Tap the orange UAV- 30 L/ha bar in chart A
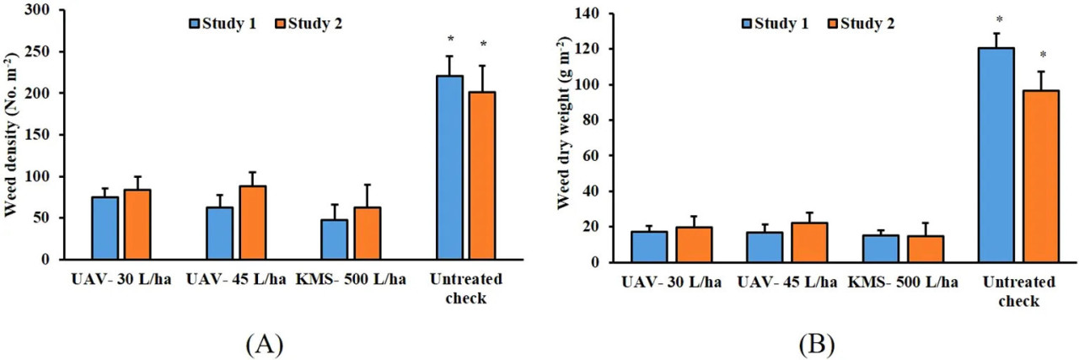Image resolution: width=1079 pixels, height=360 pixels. point(137,224)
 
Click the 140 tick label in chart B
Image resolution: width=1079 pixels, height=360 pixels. point(591,13)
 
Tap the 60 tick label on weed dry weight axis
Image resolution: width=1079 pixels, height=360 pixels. point(594,155)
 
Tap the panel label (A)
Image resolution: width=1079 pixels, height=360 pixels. point(263,343)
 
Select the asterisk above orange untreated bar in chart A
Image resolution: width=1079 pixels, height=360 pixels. point(482,45)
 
